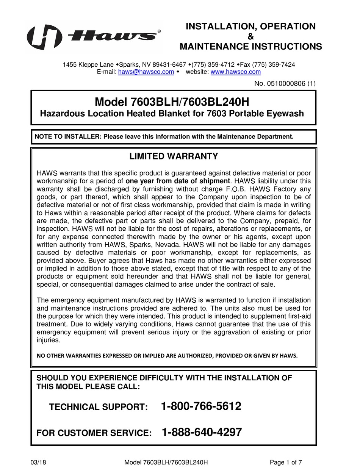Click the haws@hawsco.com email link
pos(146,72)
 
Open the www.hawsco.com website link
pos(235,72)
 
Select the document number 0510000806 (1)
pos(285,84)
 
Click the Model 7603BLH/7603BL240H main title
pos(172,102)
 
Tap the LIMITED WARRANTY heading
pos(174,156)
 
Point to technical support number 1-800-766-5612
pos(201,406)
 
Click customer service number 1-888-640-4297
pos(202,432)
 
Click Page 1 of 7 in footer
pos(286,462)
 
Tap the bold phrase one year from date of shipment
pos(177,181)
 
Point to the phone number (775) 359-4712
pos(213,65)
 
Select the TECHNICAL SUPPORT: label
pos(98,407)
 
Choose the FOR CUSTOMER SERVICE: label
pos(94,433)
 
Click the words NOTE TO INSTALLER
pos(67,137)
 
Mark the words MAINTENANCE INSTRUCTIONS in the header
pos(250,47)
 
